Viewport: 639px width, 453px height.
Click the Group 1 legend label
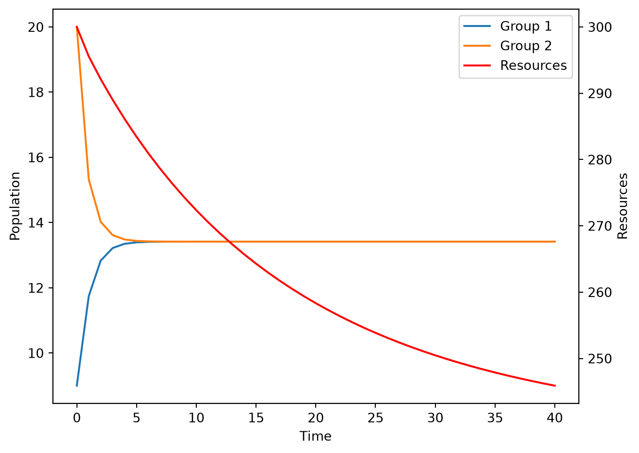pos(526,26)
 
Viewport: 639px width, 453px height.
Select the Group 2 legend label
pos(526,46)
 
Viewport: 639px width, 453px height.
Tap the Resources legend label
pos(533,65)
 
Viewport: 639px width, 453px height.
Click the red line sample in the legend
pos(477,65)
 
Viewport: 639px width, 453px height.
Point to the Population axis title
pos(14,206)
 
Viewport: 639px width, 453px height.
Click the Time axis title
pos(316,436)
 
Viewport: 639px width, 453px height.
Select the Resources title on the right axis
pos(622,206)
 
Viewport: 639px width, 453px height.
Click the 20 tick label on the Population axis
pos(36,27)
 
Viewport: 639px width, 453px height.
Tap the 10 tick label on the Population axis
pos(36,353)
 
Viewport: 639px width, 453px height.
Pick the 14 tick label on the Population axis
pos(36,223)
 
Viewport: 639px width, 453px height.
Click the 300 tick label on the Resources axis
pos(600,27)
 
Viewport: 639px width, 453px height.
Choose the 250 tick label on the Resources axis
pos(600,359)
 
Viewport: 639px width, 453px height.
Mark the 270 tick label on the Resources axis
pos(600,227)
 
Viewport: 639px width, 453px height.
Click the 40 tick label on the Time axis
pos(555,418)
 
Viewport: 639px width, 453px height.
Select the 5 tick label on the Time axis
pos(136,418)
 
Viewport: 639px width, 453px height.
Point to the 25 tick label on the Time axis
pos(375,418)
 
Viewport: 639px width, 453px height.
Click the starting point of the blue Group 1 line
pos(77,386)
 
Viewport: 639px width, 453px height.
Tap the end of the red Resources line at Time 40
pos(555,386)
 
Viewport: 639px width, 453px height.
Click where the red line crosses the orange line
pos(230,242)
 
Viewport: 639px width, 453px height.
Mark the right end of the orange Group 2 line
pos(555,242)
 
